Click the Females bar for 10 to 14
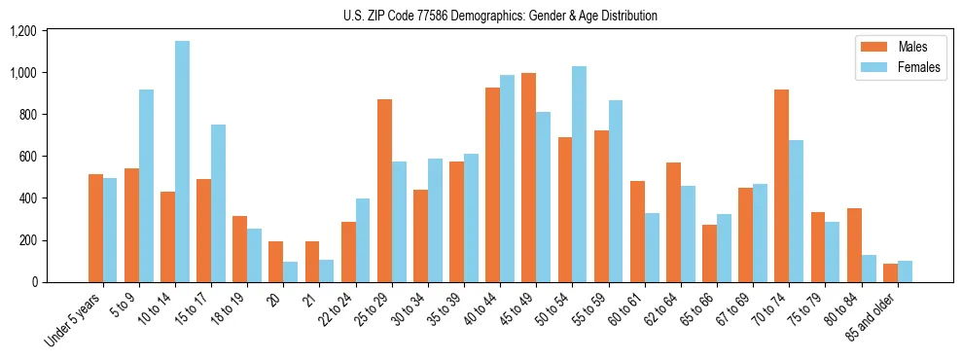183,162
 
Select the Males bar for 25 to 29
384,191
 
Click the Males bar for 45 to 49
528,177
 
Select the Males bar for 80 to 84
854,245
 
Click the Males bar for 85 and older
890,272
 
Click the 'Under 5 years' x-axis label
74,319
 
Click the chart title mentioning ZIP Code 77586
500,16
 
